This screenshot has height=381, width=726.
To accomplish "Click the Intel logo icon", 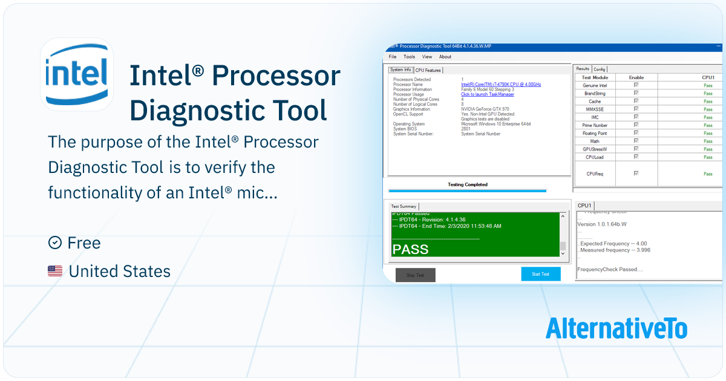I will click(77, 74).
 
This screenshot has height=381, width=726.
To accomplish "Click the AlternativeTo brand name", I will click(616, 328).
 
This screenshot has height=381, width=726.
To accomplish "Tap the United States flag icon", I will click(55, 272).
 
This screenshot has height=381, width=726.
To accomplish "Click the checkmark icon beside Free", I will click(55, 243).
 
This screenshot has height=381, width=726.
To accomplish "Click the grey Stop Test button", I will click(415, 275).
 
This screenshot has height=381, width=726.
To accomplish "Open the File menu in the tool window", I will click(393, 57).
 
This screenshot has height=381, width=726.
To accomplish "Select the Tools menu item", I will click(410, 57).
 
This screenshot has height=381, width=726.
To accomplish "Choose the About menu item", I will click(445, 57).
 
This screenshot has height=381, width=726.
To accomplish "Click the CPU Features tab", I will click(428, 70).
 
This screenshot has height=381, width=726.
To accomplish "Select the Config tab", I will click(600, 69).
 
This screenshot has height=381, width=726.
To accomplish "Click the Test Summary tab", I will click(404, 206).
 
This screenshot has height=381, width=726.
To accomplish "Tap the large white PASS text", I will click(410, 249).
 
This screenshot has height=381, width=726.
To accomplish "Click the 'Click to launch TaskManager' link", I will click(488, 94).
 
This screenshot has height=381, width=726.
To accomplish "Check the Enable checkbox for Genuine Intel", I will click(636, 85).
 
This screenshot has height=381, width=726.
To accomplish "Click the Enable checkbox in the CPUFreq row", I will click(636, 174).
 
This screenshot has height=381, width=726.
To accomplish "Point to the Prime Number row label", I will click(595, 125).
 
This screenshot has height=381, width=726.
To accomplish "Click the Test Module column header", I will click(595, 77).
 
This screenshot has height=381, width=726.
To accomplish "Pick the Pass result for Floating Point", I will click(708, 133).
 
